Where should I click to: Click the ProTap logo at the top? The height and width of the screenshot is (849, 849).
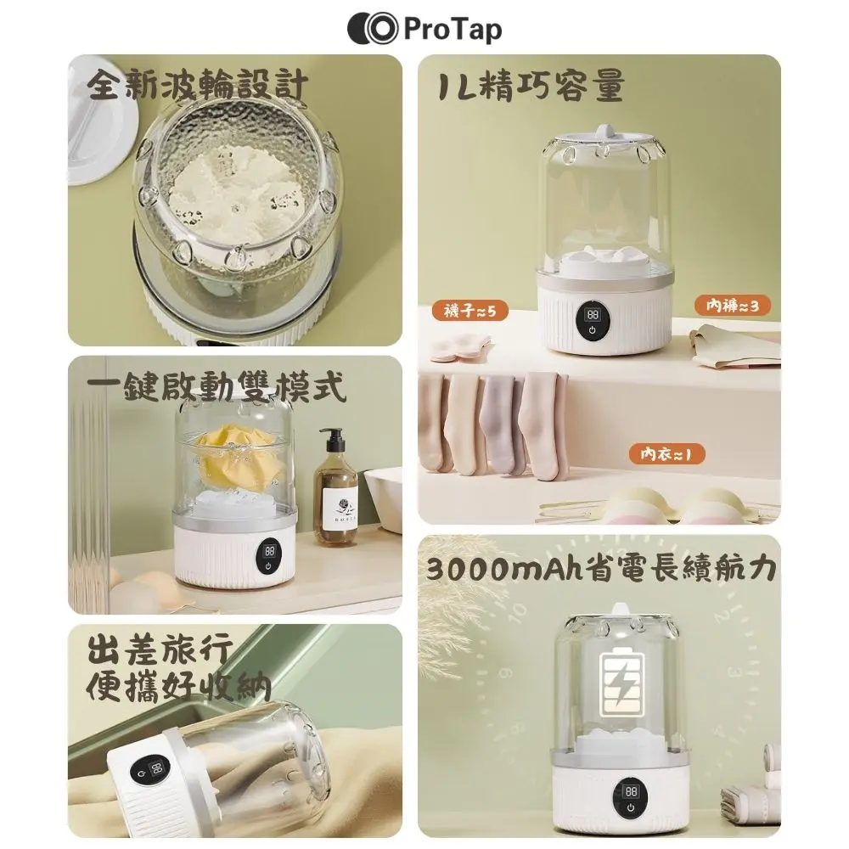tap(424, 29)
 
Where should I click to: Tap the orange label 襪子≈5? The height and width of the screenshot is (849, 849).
tap(470, 311)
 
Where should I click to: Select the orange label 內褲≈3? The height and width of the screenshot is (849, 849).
tap(732, 306)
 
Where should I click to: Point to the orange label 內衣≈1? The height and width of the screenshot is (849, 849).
tap(666, 453)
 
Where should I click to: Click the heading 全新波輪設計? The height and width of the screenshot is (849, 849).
tap(197, 85)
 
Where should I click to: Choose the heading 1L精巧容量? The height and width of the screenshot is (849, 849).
tap(531, 85)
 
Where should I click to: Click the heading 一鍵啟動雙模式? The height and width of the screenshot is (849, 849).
tap(216, 386)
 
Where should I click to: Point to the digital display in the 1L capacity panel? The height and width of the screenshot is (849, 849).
tap(593, 314)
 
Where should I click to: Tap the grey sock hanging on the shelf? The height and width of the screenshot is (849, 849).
tap(502, 422)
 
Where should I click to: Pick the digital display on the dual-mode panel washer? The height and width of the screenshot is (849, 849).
tap(269, 551)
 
